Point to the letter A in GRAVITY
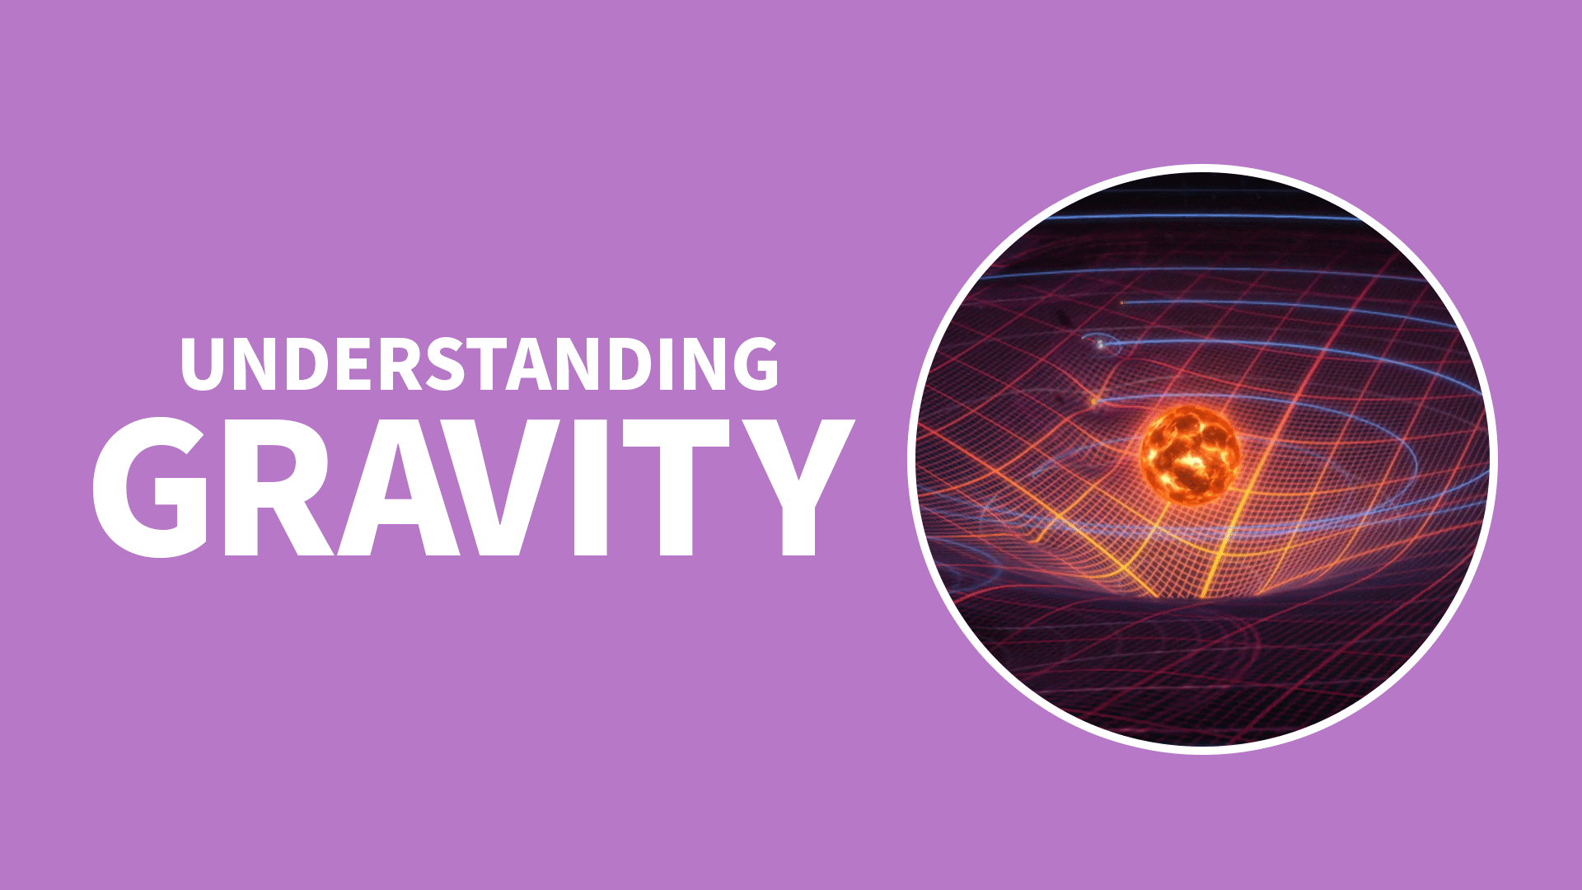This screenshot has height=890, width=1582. point(400,486)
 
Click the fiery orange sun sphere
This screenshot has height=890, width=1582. point(1190,454)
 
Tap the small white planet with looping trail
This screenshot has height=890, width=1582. point(1099,344)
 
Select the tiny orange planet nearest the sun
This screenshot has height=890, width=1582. point(1094,402)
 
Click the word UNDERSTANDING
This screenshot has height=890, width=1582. point(480,363)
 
